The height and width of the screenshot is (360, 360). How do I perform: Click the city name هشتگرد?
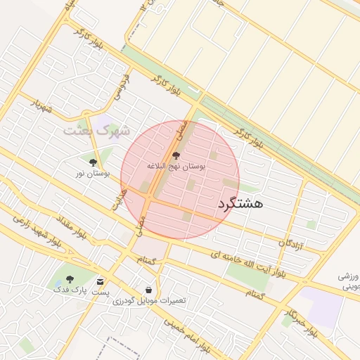pos(240,203)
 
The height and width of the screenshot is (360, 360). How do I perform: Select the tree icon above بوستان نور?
pos(94,162)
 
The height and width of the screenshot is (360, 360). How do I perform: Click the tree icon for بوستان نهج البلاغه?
pos(176,155)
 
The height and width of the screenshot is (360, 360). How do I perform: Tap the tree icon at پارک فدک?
pos(70,279)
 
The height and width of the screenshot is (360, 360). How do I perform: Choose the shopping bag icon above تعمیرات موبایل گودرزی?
pos(148,290)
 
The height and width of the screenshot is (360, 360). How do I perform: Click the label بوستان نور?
pos(93,172)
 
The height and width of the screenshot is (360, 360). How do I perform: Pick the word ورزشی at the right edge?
pos(348,276)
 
